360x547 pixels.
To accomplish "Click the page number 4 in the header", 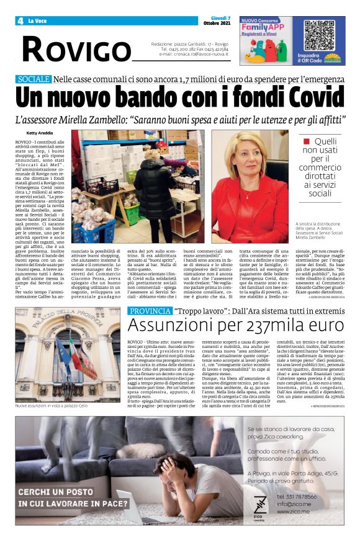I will pos(20,21).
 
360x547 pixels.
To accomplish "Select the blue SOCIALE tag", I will pos(34,79).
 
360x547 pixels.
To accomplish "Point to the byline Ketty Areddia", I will pos(40,133).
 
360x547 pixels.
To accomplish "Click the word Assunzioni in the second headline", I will pos(167,326).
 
